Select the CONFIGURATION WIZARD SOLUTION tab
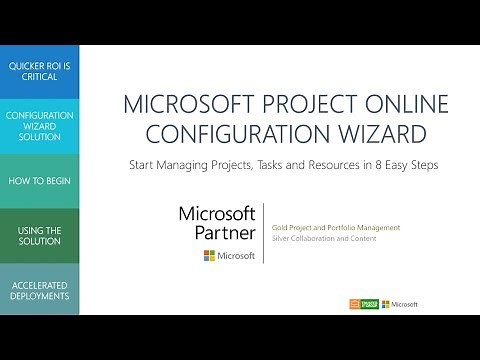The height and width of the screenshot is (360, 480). point(39,126)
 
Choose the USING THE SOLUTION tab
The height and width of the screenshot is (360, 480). point(39,235)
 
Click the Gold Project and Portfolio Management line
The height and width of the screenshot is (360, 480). point(335,228)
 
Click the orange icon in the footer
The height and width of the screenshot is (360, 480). point(354,304)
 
